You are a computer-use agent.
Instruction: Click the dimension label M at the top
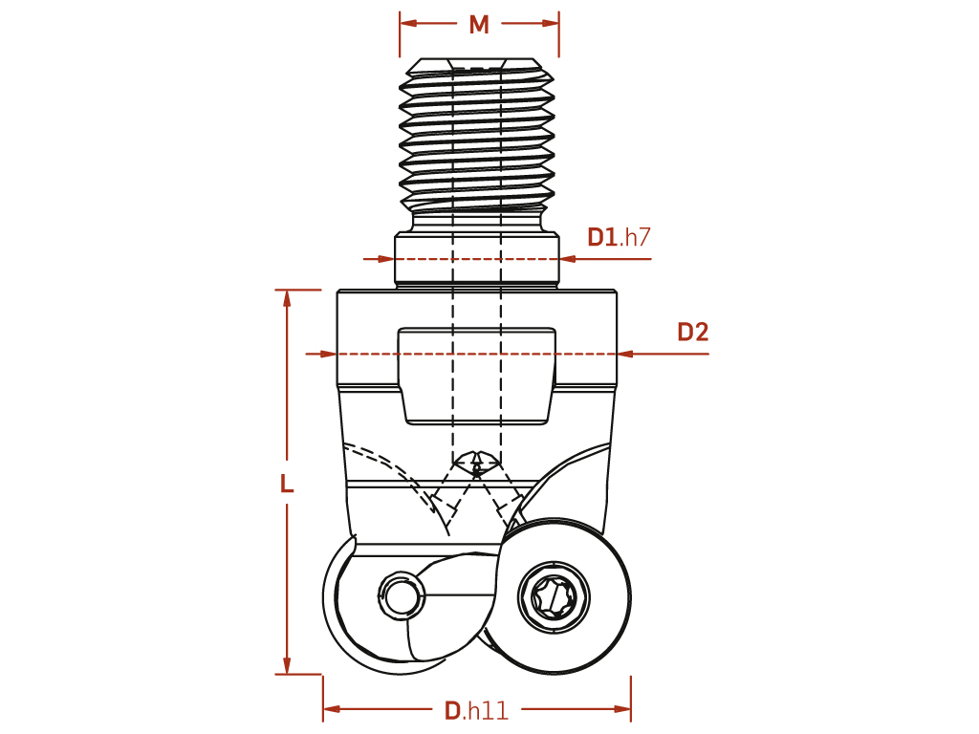click(x=479, y=24)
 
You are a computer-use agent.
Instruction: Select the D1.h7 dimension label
click(x=619, y=237)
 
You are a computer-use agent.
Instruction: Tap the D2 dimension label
click(x=693, y=332)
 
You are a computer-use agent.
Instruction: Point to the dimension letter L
click(x=287, y=484)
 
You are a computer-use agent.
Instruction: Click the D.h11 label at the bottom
click(x=476, y=710)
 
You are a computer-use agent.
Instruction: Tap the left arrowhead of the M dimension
click(x=408, y=24)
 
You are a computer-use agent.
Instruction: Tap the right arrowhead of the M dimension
click(x=551, y=24)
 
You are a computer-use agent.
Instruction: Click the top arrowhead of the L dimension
click(x=287, y=298)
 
